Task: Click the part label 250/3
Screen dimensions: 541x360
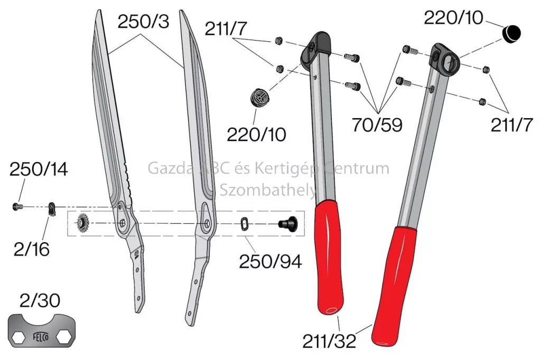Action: point(144,22)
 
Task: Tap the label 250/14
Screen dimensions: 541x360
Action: point(39,169)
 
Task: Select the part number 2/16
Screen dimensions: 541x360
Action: point(31,249)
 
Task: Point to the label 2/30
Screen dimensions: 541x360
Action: point(40,301)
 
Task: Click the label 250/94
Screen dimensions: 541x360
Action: point(270,262)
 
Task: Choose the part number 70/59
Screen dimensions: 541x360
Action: point(377,125)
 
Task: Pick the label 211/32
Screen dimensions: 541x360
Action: point(329,342)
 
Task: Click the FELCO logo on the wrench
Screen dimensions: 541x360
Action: point(41,336)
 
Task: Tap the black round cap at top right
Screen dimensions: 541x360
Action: point(511,34)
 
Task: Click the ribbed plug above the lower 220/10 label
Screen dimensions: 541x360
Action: point(260,97)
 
